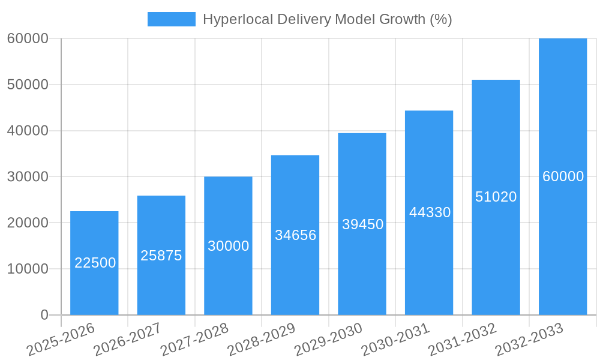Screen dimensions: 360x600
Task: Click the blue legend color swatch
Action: tap(171, 19)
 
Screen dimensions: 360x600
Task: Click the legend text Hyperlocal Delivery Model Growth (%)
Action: tap(327, 19)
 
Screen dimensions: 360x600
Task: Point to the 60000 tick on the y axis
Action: tap(28, 38)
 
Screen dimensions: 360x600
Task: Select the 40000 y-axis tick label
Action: tap(28, 131)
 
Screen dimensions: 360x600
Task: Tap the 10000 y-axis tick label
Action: tap(28, 269)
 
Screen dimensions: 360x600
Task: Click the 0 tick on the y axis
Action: tap(44, 315)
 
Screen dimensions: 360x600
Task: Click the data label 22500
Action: tap(95, 263)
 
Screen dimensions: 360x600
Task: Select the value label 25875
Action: tap(161, 256)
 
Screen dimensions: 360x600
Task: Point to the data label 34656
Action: tap(295, 235)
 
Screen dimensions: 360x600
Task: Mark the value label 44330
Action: tap(430, 212)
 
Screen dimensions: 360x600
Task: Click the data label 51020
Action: tap(496, 197)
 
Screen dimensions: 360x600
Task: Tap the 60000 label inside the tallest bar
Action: tap(563, 176)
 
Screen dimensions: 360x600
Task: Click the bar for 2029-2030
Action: tap(362, 270)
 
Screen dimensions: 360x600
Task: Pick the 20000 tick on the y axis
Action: tap(28, 223)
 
